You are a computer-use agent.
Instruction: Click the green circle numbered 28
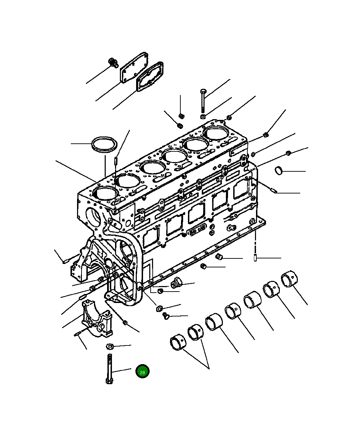click(x=142, y=371)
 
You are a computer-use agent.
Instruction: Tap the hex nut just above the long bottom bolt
click(x=110, y=346)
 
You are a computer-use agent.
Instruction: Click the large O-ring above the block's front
click(x=104, y=144)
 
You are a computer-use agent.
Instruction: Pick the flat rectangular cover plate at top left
click(x=134, y=68)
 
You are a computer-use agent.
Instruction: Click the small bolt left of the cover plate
click(x=113, y=63)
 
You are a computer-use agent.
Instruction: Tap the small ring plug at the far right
click(x=279, y=170)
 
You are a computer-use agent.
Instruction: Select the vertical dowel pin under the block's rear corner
click(x=255, y=258)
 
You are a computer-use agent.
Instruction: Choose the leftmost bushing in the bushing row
click(x=178, y=342)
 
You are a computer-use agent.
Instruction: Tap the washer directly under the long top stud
click(x=203, y=116)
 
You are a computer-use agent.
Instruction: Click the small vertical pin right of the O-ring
click(x=116, y=161)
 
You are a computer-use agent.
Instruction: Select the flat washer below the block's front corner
click(x=159, y=307)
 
